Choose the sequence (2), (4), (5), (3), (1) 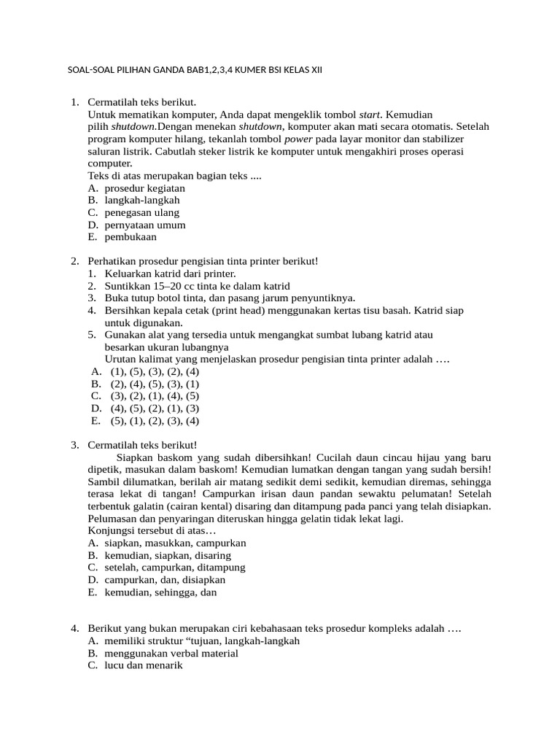click(x=155, y=384)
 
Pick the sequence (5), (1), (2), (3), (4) click(x=155, y=421)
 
